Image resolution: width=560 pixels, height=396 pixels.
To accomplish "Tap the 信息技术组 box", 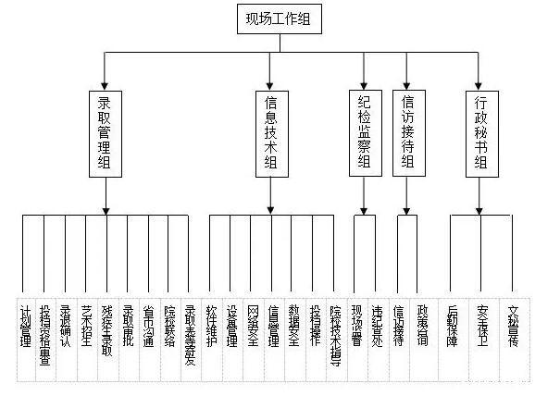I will click(x=271, y=133).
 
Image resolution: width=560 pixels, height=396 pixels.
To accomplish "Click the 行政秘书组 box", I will click(x=479, y=133).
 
